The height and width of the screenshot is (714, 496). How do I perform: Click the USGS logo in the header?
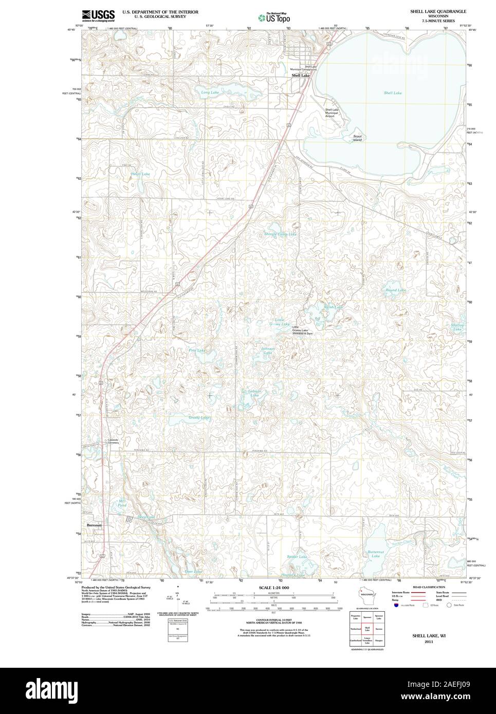(98, 15)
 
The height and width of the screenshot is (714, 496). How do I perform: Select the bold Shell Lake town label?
(301, 76)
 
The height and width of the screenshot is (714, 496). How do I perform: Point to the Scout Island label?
(357, 138)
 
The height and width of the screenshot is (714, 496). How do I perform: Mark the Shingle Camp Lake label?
(280, 234)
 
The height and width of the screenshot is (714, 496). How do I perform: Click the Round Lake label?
(396, 290)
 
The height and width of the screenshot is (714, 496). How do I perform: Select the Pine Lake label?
(197, 350)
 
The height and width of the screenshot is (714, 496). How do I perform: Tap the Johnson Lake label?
(268, 351)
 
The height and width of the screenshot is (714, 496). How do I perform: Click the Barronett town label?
(95, 525)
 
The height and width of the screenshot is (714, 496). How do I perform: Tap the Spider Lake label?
(297, 557)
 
